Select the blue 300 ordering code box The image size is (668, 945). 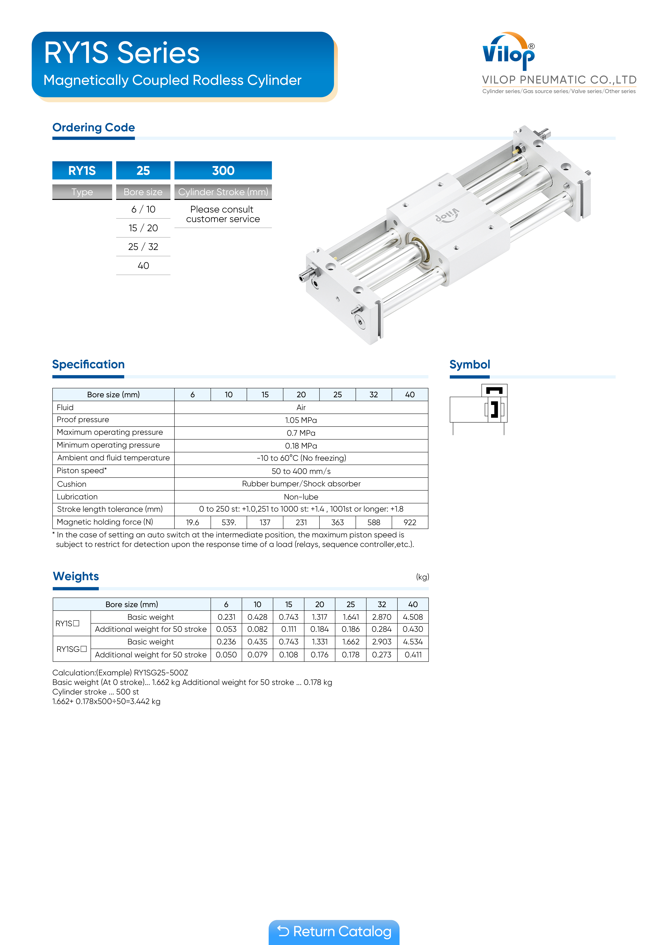223,170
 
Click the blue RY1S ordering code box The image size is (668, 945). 82,170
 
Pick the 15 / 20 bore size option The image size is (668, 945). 143,228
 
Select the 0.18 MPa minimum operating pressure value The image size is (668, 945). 301,446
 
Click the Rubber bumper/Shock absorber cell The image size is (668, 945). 301,484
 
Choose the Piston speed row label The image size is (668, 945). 81,470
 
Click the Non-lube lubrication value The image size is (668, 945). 301,497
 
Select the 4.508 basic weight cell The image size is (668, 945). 413,617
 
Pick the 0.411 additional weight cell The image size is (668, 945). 413,655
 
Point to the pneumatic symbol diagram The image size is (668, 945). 479,409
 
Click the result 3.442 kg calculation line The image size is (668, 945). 106,701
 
